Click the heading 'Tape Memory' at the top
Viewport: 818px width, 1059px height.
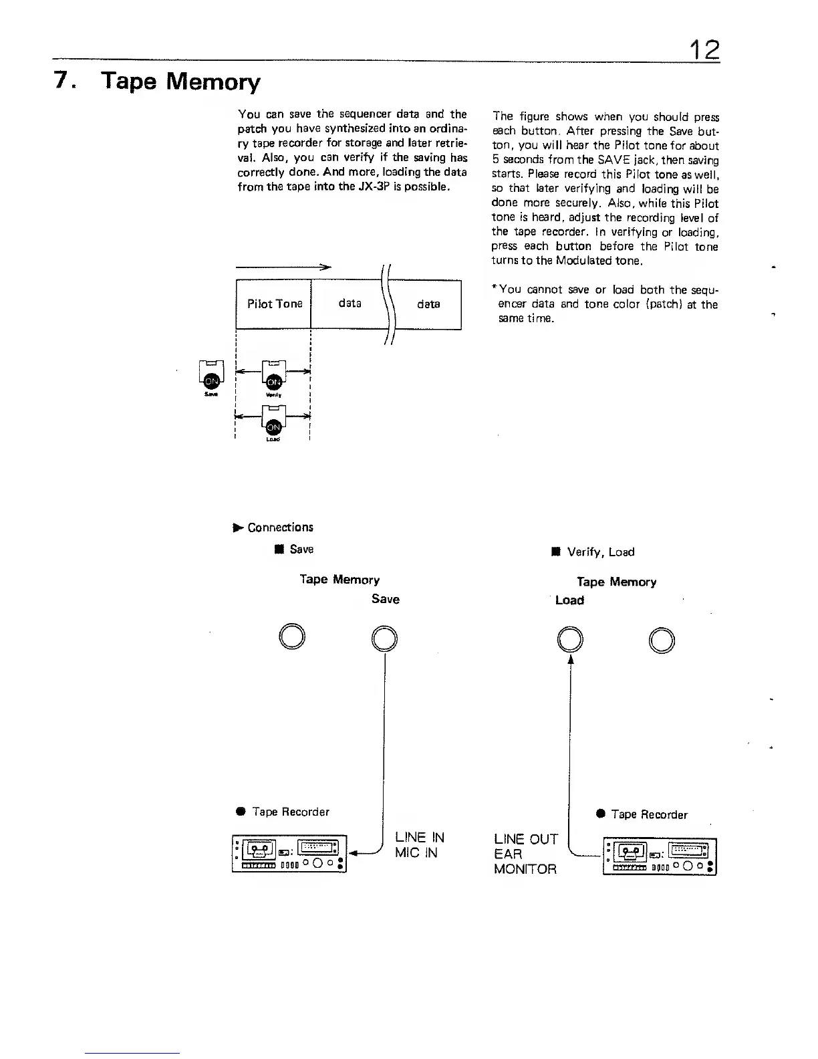click(x=180, y=82)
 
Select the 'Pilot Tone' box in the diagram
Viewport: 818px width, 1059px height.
click(x=274, y=304)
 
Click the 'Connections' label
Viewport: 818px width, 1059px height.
click(x=280, y=527)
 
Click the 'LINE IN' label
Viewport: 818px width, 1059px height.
click(x=420, y=837)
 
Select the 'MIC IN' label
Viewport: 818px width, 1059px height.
click(x=416, y=852)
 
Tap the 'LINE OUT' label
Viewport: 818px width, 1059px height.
click(x=525, y=839)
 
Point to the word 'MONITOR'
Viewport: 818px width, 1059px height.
click(x=525, y=869)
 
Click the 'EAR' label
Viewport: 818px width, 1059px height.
click(x=508, y=854)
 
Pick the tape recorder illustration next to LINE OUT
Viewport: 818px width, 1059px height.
click(x=660, y=856)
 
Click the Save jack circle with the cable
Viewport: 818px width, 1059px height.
click(x=385, y=637)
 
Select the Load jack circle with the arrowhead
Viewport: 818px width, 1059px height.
click(x=570, y=639)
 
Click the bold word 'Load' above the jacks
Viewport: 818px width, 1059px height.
click(x=569, y=600)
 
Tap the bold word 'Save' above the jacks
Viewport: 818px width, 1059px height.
click(x=386, y=599)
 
